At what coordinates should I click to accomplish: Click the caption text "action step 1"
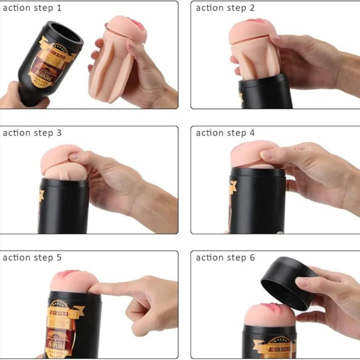point(32,8)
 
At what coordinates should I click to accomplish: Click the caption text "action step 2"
point(225,8)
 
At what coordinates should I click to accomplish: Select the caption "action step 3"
point(32,133)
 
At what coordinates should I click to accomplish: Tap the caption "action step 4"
point(225,133)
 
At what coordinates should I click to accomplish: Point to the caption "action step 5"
point(32,258)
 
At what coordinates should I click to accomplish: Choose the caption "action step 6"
point(225,258)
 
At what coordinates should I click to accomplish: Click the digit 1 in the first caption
point(59,8)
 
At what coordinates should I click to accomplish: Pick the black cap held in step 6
point(287,283)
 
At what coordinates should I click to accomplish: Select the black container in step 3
point(63,207)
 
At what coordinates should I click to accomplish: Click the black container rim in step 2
point(265,80)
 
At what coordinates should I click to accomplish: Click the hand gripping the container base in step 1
point(20,97)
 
